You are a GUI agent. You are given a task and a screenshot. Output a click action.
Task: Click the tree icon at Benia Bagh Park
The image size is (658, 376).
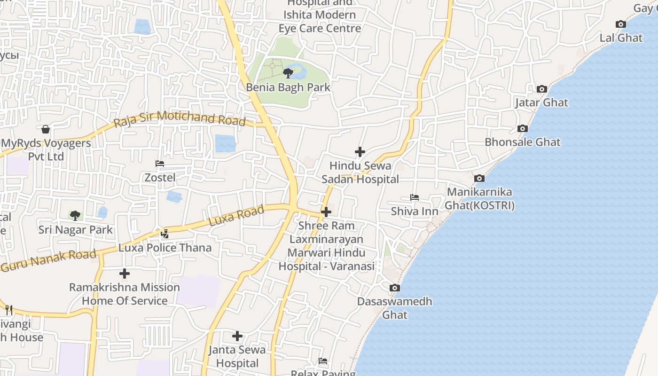pyautogui.click(x=288, y=73)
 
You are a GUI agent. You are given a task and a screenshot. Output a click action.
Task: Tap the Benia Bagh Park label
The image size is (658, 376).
pyautogui.click(x=288, y=87)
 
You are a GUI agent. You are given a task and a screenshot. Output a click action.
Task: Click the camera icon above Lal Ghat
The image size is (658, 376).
pyautogui.click(x=620, y=24)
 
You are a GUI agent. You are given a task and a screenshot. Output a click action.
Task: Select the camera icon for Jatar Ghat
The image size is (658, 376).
pyautogui.click(x=541, y=89)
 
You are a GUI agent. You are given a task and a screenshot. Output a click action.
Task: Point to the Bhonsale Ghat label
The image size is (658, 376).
pyautogui.click(x=522, y=142)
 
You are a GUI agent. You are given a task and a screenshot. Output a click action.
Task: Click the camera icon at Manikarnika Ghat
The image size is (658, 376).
pyautogui.click(x=479, y=178)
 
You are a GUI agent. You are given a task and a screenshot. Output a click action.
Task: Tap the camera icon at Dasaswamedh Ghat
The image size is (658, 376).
pyautogui.click(x=394, y=288)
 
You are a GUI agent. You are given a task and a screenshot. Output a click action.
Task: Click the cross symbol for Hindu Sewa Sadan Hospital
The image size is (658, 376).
pyautogui.click(x=360, y=152)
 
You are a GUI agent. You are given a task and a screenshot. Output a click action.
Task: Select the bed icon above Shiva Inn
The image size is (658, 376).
pyautogui.click(x=414, y=197)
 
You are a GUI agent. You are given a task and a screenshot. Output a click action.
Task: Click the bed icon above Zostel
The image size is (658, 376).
pyautogui.click(x=160, y=164)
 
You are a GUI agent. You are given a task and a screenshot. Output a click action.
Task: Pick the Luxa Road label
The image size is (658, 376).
pyautogui.click(x=236, y=216)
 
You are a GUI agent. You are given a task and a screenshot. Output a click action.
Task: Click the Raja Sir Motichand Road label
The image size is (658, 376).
pyautogui.click(x=180, y=118)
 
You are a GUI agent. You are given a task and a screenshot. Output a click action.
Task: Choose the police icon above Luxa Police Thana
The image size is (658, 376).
pyautogui.click(x=164, y=234)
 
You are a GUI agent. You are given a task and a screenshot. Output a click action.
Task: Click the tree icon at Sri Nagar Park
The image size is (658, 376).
pyautogui.click(x=75, y=216)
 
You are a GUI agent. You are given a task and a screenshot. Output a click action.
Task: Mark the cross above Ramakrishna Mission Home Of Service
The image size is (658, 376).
pyautogui.click(x=124, y=274)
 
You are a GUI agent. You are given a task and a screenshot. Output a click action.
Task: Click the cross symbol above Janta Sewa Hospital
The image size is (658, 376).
pyautogui.click(x=237, y=336)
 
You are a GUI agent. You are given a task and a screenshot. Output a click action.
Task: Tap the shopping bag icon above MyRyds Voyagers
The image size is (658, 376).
pyautogui.click(x=46, y=129)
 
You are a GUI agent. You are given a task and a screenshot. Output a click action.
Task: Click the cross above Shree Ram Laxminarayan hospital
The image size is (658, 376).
pyautogui.click(x=326, y=212)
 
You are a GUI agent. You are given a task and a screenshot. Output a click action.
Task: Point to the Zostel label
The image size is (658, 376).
pyautogui.click(x=160, y=178)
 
